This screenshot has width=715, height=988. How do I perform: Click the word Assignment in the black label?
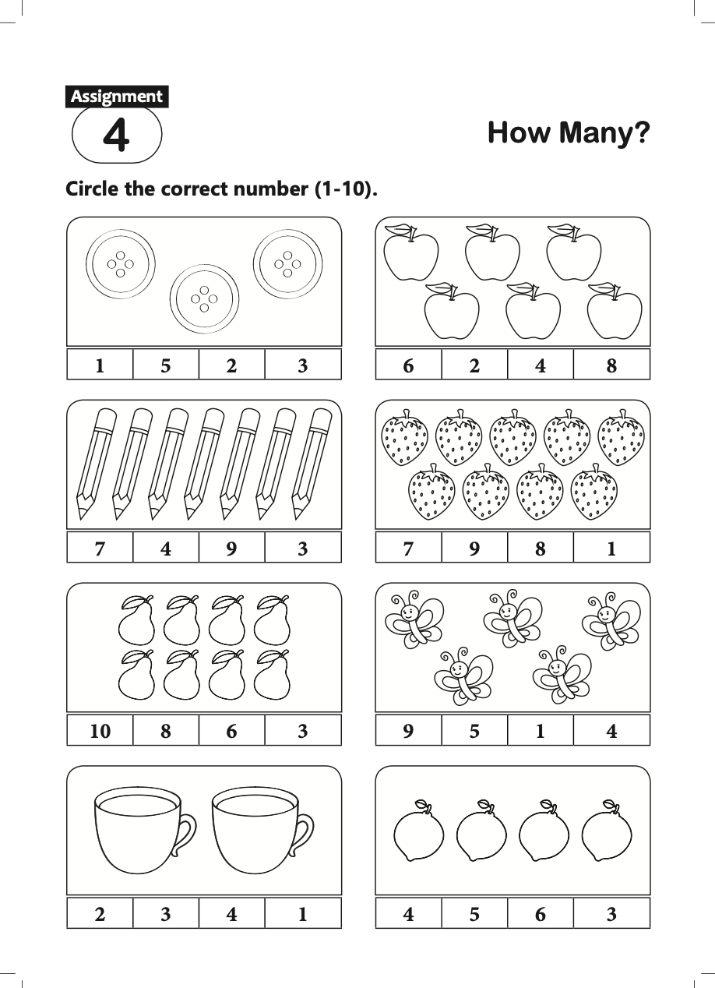(x=117, y=97)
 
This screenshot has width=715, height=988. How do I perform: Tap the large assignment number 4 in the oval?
(x=117, y=136)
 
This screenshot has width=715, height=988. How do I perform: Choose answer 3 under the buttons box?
(x=303, y=365)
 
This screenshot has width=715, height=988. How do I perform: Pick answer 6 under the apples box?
(x=408, y=365)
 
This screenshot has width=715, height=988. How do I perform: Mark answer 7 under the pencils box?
(x=100, y=549)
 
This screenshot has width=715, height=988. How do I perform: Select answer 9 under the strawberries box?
(x=474, y=549)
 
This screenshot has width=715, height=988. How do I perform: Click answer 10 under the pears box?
(x=100, y=732)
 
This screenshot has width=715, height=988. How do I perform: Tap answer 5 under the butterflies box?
(x=474, y=732)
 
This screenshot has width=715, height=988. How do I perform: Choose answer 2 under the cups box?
(x=100, y=914)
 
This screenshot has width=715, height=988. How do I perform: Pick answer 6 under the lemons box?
(x=541, y=914)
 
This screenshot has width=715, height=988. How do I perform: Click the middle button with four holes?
(x=205, y=299)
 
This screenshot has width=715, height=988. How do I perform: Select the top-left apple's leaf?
(x=398, y=229)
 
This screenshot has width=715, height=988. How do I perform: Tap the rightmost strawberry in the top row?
(x=621, y=439)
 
